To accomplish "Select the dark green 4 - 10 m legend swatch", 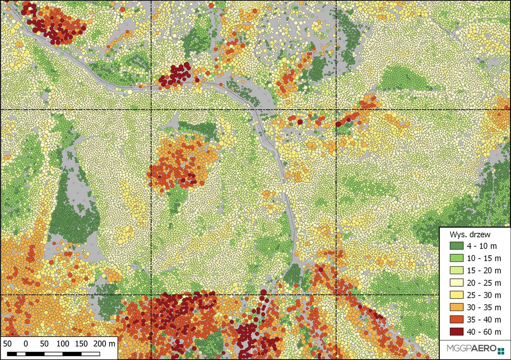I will click(457, 246).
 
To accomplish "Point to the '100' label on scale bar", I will click(63, 343).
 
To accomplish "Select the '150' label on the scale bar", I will click(81, 343).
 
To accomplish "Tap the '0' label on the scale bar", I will click(26, 343).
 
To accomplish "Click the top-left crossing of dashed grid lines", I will click(152, 110).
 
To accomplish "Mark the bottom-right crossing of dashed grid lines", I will click(336, 295).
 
